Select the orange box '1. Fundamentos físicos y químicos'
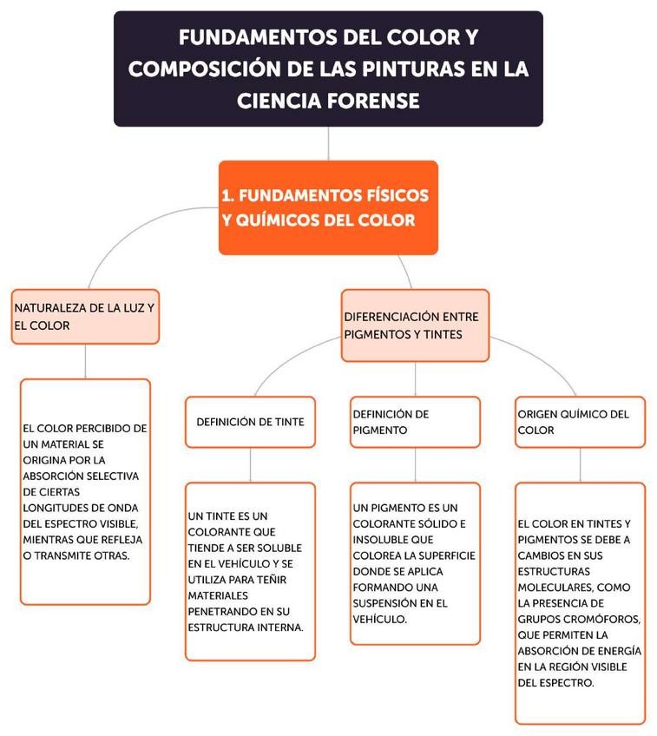[327, 207]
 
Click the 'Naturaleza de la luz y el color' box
[85, 316]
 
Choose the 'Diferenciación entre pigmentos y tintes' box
[415, 325]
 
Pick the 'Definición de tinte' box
[250, 422]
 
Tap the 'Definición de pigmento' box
[415, 422]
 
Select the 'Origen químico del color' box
[580, 422]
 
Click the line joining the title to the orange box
[328, 143]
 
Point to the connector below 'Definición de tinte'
[250, 464]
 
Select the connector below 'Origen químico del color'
[580, 464]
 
